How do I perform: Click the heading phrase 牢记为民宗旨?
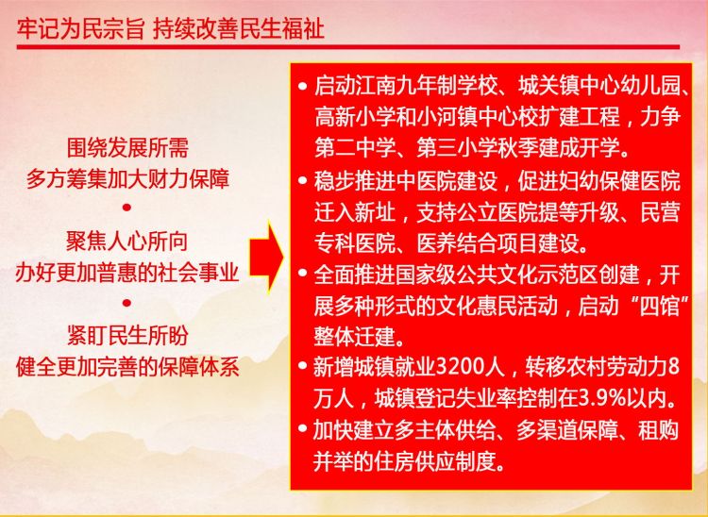click(x=80, y=30)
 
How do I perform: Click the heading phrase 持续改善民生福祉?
click(x=238, y=30)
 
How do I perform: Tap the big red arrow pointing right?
click(x=266, y=258)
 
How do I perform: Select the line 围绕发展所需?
click(x=127, y=147)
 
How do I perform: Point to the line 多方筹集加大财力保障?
click(x=127, y=179)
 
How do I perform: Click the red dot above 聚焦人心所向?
click(x=126, y=208)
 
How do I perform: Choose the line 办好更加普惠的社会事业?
click(x=126, y=274)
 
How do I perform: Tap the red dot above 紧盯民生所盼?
click(x=126, y=302)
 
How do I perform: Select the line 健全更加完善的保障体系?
click(x=126, y=368)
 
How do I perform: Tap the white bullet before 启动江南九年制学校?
click(x=302, y=86)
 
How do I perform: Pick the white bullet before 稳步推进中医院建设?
click(x=302, y=180)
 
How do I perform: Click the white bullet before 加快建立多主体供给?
click(x=302, y=430)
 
